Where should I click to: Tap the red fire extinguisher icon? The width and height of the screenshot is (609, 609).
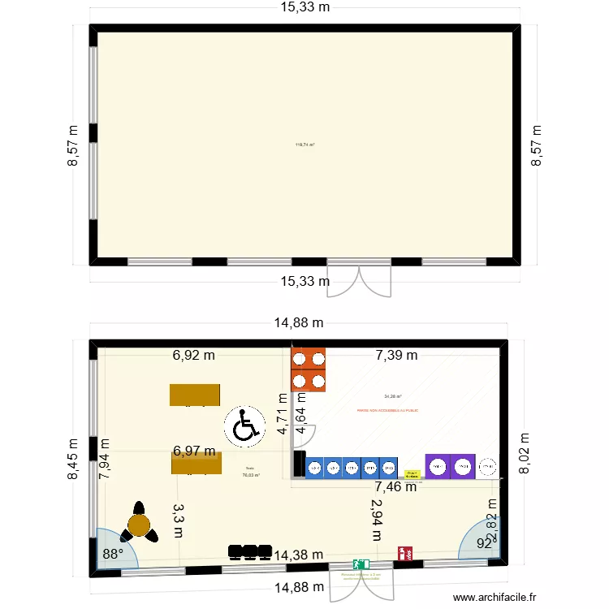click(404, 554)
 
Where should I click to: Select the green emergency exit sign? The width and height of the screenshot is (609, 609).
click(361, 564)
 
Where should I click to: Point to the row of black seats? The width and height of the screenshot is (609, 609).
click(249, 552)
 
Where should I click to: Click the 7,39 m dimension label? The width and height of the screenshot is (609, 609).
click(396, 355)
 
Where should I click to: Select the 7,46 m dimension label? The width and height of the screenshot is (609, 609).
click(395, 487)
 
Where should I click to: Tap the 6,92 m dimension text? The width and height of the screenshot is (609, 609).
click(193, 355)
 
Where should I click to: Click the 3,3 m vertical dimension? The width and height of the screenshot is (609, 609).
click(179, 520)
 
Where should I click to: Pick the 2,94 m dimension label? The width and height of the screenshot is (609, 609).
click(376, 519)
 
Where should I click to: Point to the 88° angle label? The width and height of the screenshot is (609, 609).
click(112, 555)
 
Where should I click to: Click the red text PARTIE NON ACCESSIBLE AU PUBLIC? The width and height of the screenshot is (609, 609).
click(387, 411)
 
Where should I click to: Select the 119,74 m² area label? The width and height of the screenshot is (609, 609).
click(304, 145)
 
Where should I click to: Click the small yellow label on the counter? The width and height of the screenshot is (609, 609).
click(412, 473)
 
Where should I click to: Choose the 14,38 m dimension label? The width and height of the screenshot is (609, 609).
click(300, 555)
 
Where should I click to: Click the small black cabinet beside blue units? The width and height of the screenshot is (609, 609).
click(298, 464)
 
